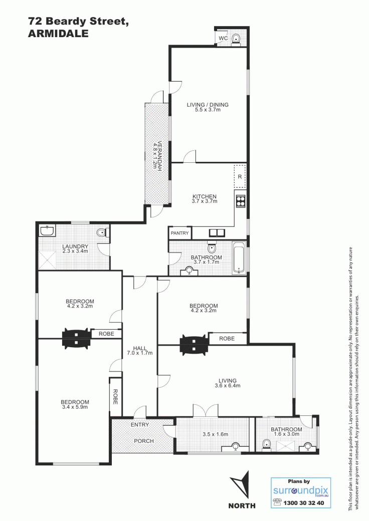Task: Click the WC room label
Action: click(x=223, y=38)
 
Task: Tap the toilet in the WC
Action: click(x=236, y=39)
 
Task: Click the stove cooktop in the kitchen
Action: click(x=240, y=201)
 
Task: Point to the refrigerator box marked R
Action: click(x=240, y=176)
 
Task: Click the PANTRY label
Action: click(x=179, y=233)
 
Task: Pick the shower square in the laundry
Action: click(x=47, y=260)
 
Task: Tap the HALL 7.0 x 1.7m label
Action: click(x=140, y=351)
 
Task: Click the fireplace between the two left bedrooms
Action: click(x=77, y=338)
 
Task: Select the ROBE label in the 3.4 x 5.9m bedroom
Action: click(x=115, y=397)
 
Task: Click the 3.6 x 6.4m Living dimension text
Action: click(x=228, y=386)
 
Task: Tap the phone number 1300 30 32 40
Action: click(x=303, y=503)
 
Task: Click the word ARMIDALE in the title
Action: click(x=58, y=34)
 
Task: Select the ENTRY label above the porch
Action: click(x=139, y=425)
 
